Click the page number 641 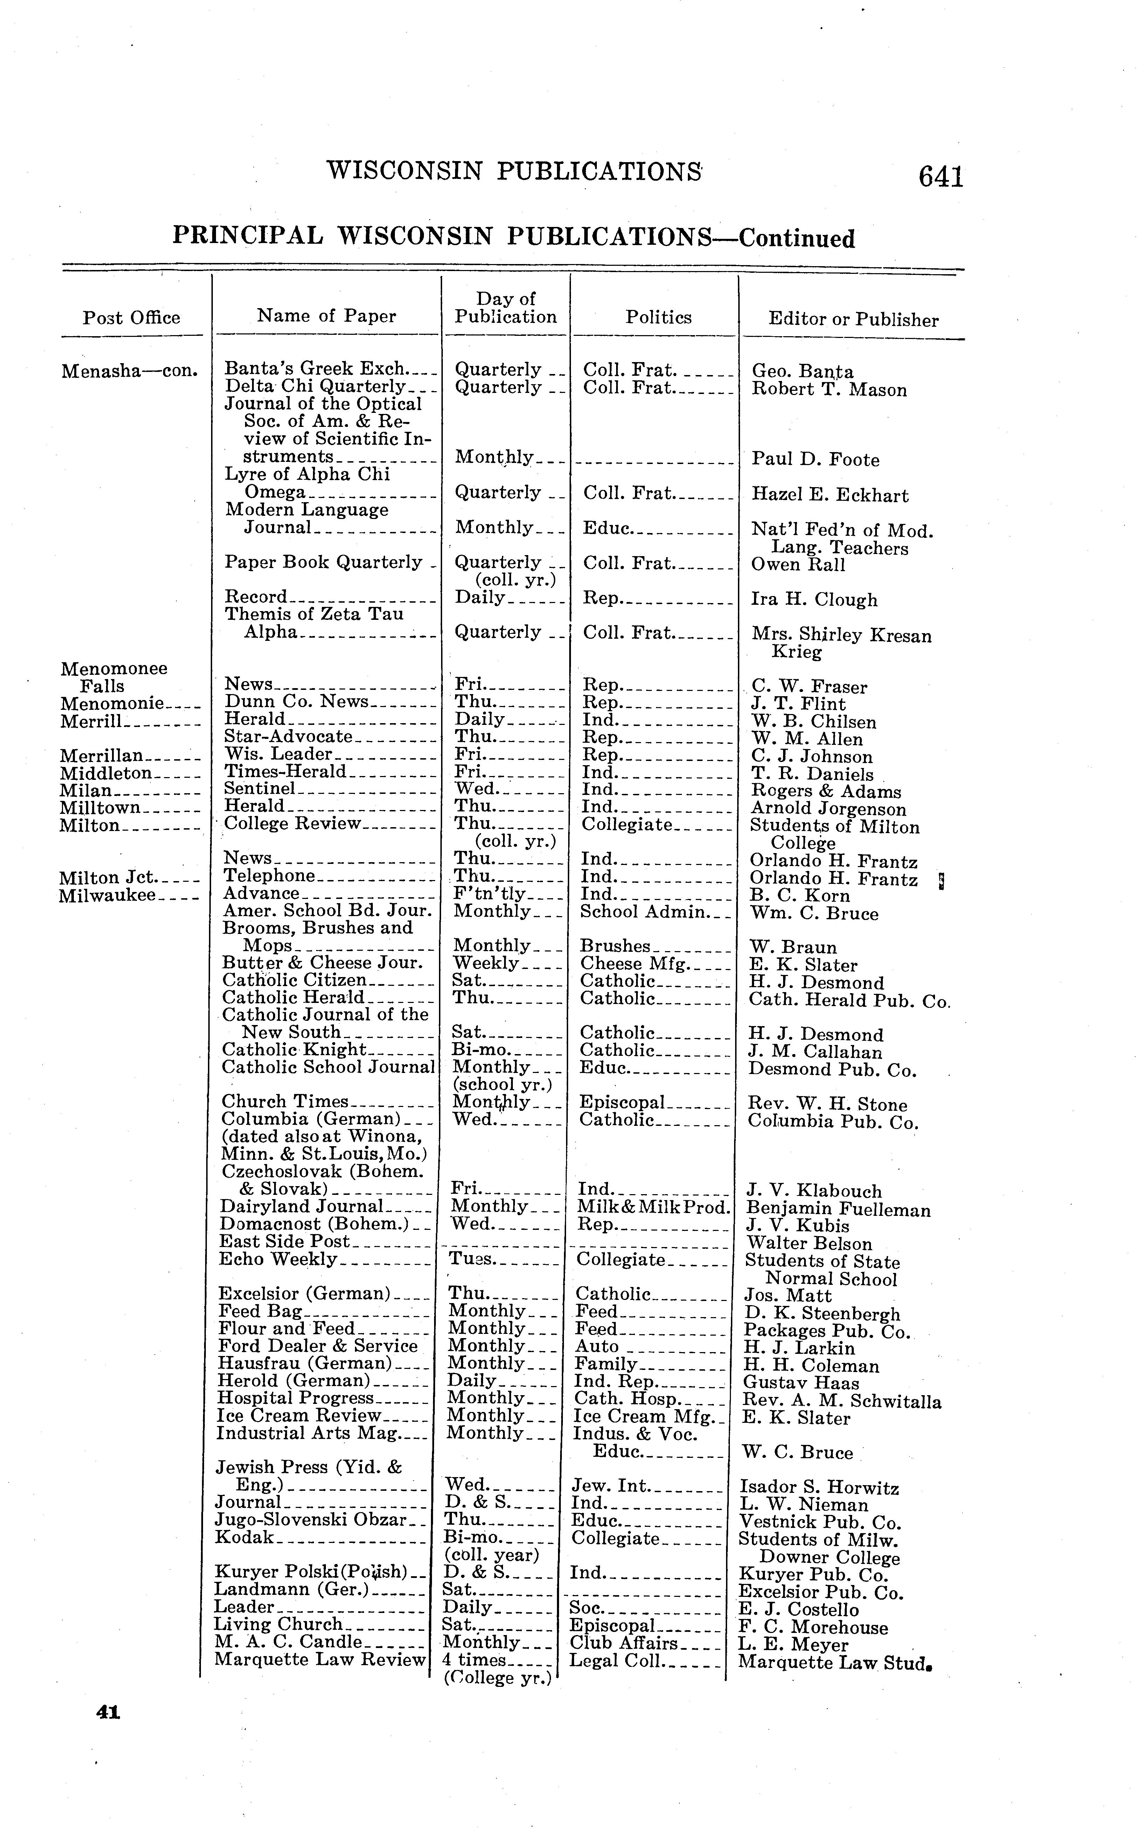coord(940,177)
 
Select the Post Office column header coord(132,318)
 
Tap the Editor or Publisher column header coord(853,320)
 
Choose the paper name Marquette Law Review coord(320,1660)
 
